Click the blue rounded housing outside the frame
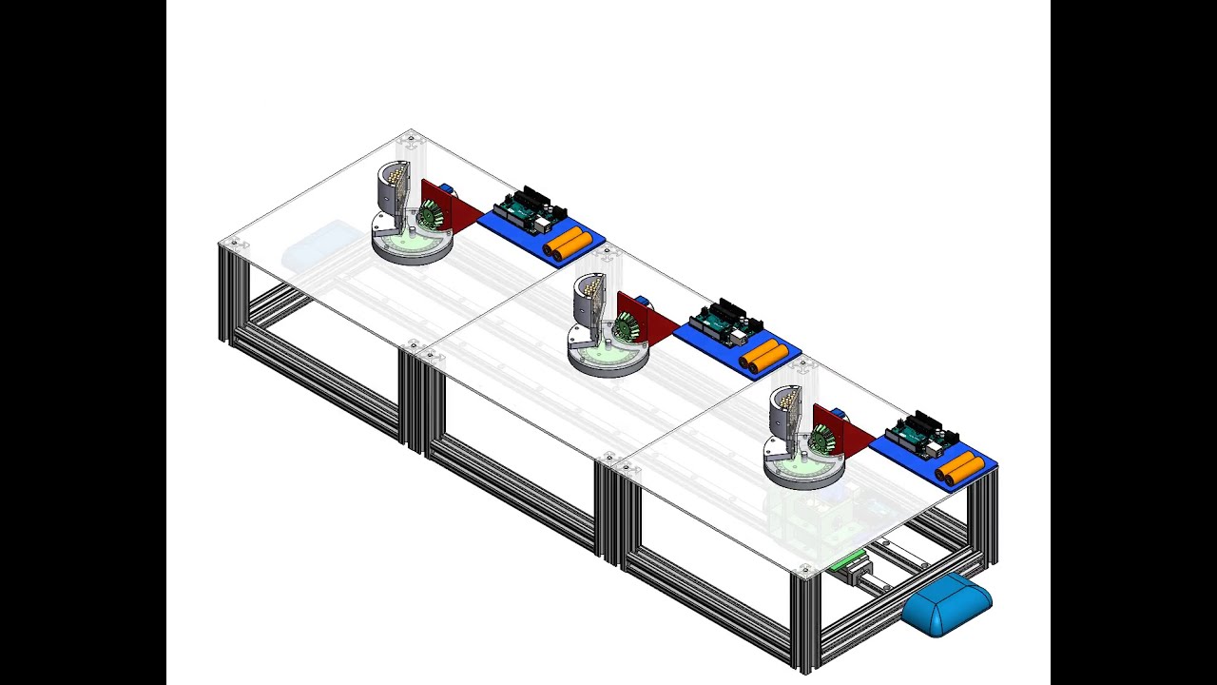point(946,606)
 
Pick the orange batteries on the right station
point(959,468)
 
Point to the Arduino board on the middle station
point(724,322)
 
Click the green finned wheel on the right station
point(822,439)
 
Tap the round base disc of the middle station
point(608,361)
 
